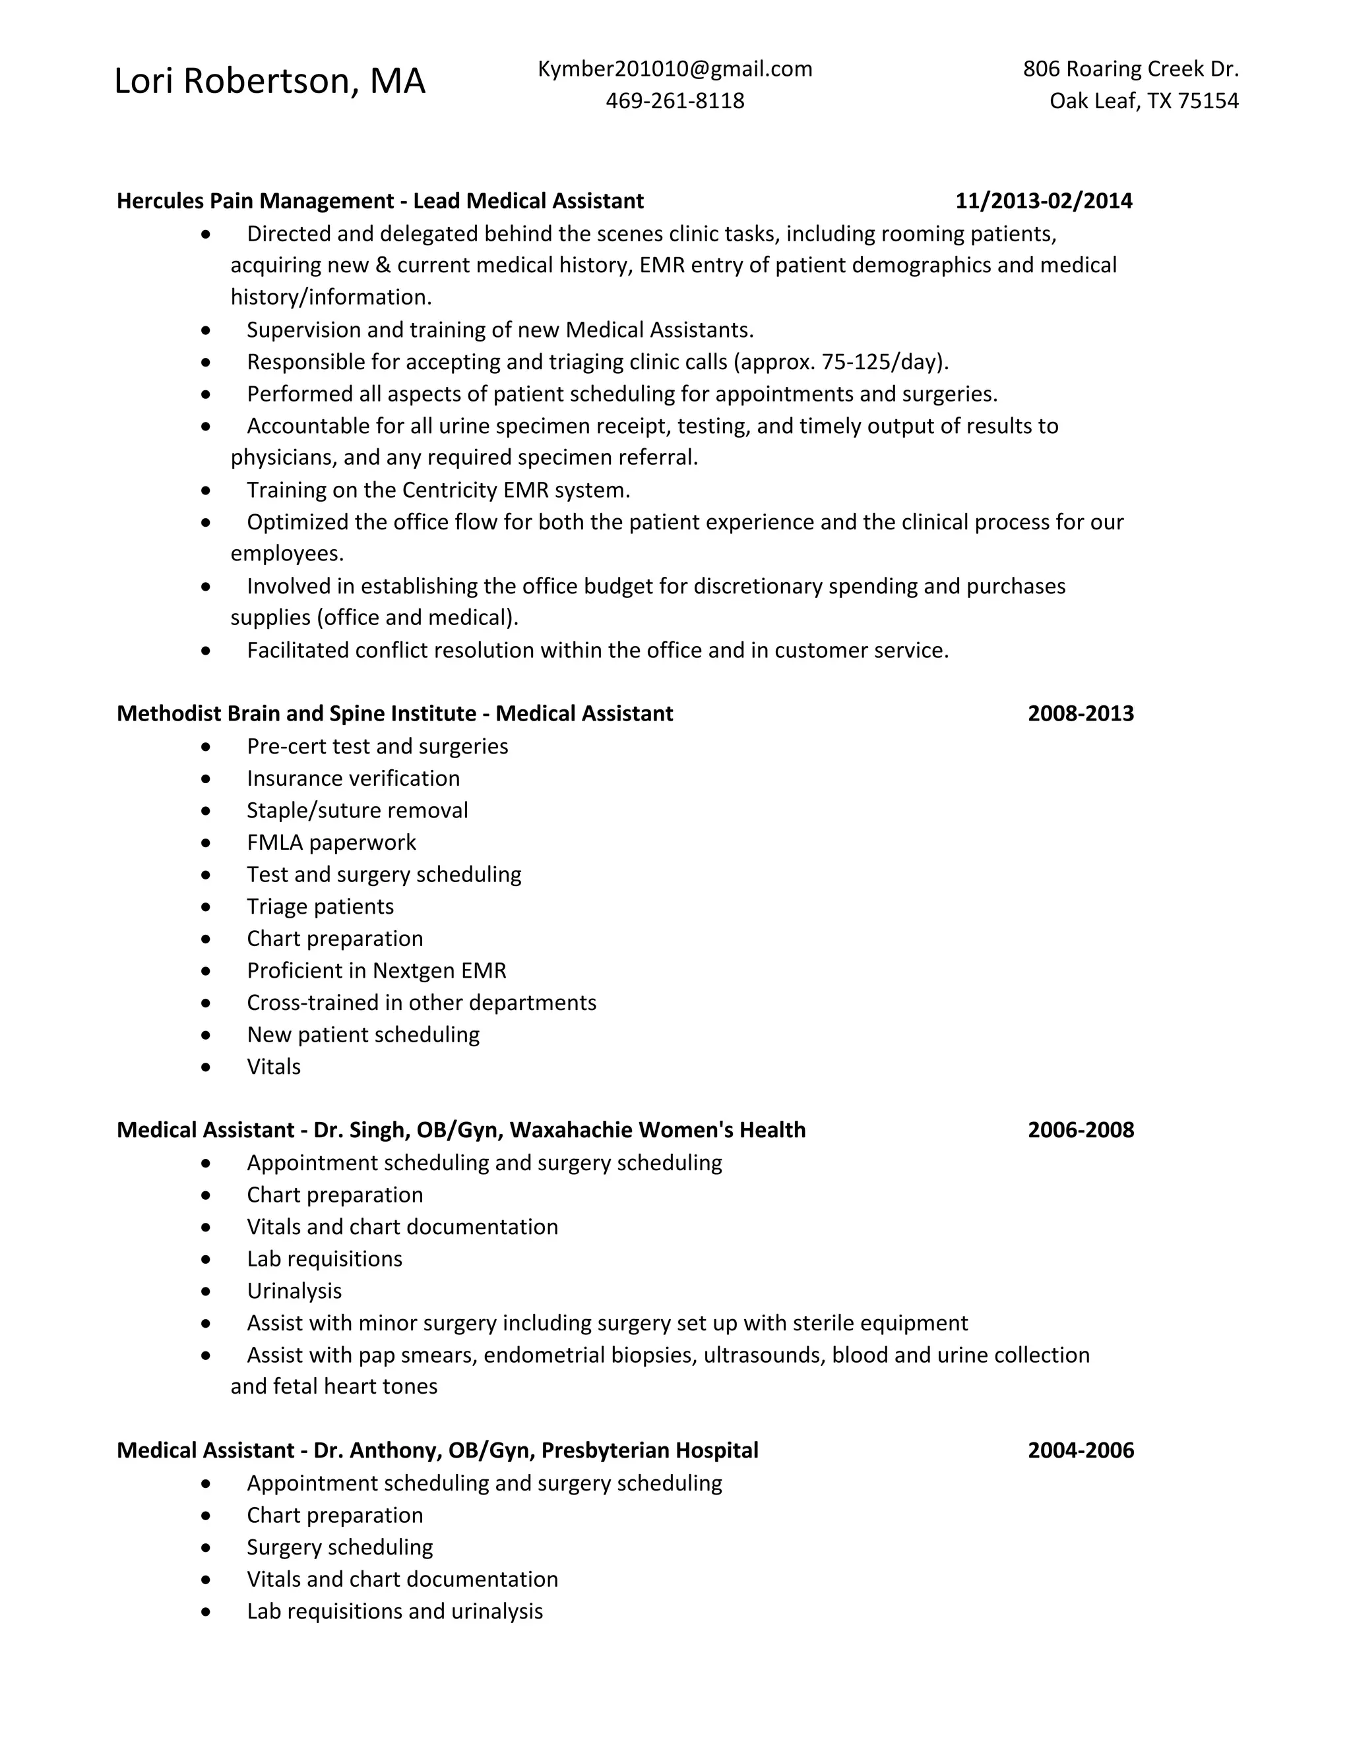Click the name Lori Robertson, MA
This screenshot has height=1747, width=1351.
[270, 82]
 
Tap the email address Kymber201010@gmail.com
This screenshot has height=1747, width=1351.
[675, 70]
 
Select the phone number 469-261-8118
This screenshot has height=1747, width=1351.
[675, 101]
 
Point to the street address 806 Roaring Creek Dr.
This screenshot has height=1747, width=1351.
[1130, 70]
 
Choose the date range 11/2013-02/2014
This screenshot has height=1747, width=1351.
[1044, 201]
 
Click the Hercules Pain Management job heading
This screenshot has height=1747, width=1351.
[380, 201]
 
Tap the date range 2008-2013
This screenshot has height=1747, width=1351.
[1081, 713]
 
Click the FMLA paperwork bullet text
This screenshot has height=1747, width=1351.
[331, 843]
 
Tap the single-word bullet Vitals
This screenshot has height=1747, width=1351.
[274, 1067]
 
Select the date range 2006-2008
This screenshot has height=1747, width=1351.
[1081, 1130]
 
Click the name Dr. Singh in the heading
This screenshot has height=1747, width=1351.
[361, 1130]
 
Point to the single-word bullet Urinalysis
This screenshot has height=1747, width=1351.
[294, 1291]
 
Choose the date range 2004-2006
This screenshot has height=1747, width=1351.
[1081, 1451]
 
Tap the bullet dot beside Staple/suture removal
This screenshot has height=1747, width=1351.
[206, 811]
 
